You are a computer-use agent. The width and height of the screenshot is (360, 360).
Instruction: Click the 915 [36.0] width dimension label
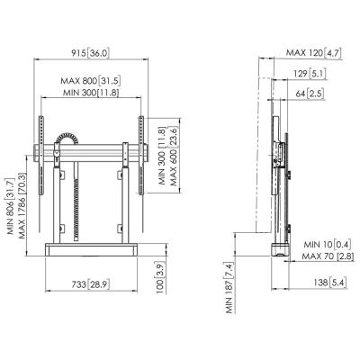click(x=90, y=53)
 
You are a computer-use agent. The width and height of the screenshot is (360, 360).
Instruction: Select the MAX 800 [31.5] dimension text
click(x=91, y=81)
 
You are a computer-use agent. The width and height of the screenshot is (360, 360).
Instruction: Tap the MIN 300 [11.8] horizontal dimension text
click(x=91, y=93)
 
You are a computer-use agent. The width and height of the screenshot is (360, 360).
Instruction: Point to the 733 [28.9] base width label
click(x=91, y=284)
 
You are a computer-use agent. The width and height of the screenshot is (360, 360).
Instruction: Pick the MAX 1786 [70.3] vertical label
click(x=22, y=205)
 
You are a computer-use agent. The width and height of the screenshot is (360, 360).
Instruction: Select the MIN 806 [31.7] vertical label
click(x=11, y=206)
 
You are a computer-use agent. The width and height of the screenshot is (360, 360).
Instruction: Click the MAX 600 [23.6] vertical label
click(x=174, y=156)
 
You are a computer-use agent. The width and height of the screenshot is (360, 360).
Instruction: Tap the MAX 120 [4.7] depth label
click(x=313, y=53)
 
